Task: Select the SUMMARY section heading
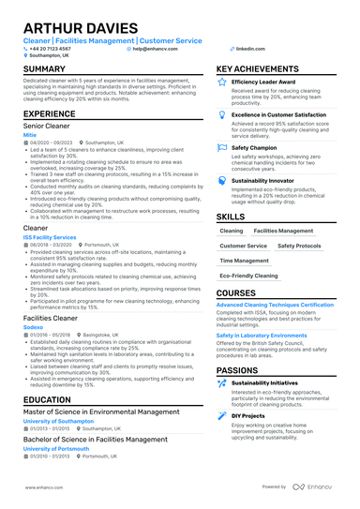coord(44,69)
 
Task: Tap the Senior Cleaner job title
coord(52,125)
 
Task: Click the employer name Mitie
coord(30,134)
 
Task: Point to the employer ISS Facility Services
coord(50,238)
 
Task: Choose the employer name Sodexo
coord(33,327)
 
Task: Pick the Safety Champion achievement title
coord(253,147)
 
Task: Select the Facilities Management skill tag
coord(283,230)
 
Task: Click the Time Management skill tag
coord(244,262)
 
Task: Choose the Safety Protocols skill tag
coord(299,246)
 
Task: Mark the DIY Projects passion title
coord(248,415)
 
